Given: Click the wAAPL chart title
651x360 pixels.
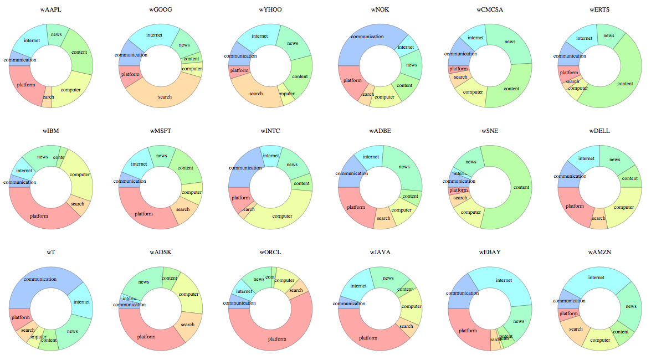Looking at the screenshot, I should pyautogui.click(x=50, y=9).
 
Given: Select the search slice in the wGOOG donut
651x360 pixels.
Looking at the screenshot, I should pyautogui.click(x=165, y=97).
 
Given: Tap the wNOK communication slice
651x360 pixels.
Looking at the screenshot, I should pyautogui.click(x=367, y=37).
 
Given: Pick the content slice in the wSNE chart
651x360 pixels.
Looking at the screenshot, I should pyautogui.click(x=521, y=187).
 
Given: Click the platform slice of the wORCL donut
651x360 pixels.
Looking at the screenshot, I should pyautogui.click(x=277, y=339).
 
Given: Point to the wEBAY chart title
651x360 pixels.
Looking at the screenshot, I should pyautogui.click(x=489, y=252).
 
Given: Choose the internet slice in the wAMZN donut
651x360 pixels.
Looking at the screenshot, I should pyautogui.click(x=596, y=277).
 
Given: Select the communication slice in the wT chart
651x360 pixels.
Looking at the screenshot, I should pyautogui.click(x=40, y=279).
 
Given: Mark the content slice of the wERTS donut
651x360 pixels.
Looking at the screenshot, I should pyautogui.click(x=625, y=83).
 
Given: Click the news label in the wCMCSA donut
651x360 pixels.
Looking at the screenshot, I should pyautogui.click(x=510, y=42).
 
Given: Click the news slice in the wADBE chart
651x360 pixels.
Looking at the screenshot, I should pyautogui.click(x=404, y=167).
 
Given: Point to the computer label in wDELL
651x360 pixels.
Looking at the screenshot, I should pyautogui.click(x=623, y=207).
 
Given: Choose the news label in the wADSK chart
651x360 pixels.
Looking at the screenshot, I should pyautogui.click(x=144, y=282).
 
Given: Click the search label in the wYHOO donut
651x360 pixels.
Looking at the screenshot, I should pyautogui.click(x=256, y=94).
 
